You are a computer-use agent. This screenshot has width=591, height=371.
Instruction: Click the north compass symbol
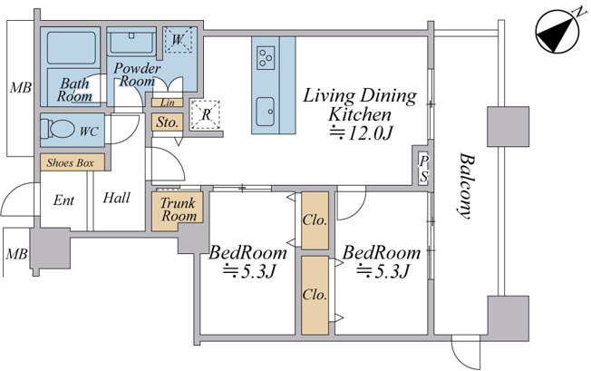click(557, 31)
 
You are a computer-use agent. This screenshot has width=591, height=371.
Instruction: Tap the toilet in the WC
click(56, 129)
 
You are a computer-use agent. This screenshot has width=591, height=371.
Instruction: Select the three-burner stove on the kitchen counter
click(266, 58)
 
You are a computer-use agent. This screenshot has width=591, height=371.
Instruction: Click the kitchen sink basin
click(266, 112)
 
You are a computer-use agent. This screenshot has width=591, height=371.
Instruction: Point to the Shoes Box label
click(70, 163)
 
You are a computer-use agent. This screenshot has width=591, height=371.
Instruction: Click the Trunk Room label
click(179, 210)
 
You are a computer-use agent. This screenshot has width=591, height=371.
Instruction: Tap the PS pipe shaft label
click(424, 169)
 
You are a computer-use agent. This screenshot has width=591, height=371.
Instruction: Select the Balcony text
click(466, 185)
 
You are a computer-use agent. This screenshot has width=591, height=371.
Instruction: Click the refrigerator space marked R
click(206, 114)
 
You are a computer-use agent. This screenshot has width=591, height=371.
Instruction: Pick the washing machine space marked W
click(178, 40)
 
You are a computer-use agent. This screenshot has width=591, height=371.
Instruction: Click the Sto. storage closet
click(168, 122)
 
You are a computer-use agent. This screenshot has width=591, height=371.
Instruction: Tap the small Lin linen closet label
click(168, 103)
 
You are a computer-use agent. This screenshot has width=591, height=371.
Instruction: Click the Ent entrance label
click(63, 200)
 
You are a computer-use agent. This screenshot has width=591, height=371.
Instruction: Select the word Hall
click(116, 198)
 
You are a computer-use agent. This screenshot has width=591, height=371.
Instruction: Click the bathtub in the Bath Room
click(71, 48)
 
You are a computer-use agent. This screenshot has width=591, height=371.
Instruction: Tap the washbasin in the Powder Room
click(131, 43)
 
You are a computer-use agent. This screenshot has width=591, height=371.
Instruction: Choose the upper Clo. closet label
click(315, 220)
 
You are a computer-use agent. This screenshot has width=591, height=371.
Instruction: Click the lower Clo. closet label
click(315, 295)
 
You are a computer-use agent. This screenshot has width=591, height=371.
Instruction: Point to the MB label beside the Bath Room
click(20, 88)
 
